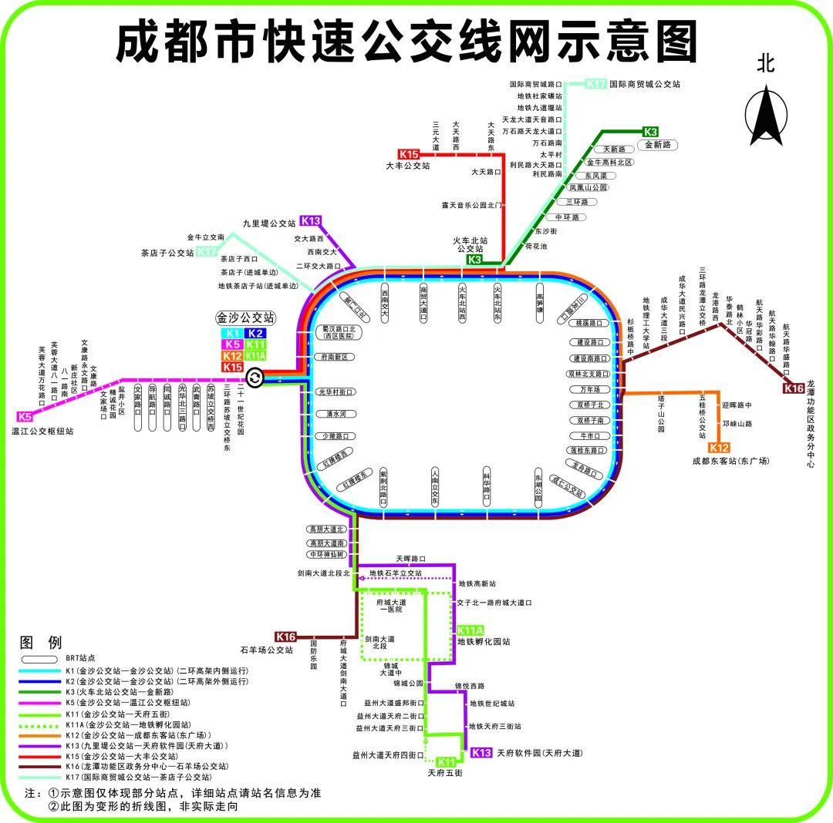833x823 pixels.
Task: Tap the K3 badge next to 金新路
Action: (651, 132)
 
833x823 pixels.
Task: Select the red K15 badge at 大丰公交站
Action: (409, 154)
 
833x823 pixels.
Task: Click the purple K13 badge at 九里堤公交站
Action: (311, 220)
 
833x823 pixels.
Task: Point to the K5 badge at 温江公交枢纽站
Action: (25, 417)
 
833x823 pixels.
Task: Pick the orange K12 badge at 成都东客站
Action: (719, 448)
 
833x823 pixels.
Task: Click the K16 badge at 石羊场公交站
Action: (285, 637)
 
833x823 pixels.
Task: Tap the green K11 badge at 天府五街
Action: (446, 762)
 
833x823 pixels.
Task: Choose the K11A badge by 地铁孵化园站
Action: (470, 630)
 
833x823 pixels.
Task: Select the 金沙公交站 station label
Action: (245, 317)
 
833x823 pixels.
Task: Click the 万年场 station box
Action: (590, 389)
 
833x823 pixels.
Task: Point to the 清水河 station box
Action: (336, 414)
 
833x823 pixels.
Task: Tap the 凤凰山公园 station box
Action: (588, 187)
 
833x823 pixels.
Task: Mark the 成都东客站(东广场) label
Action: (731, 461)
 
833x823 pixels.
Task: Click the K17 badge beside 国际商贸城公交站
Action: (595, 84)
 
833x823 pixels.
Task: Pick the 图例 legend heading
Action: (40, 642)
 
